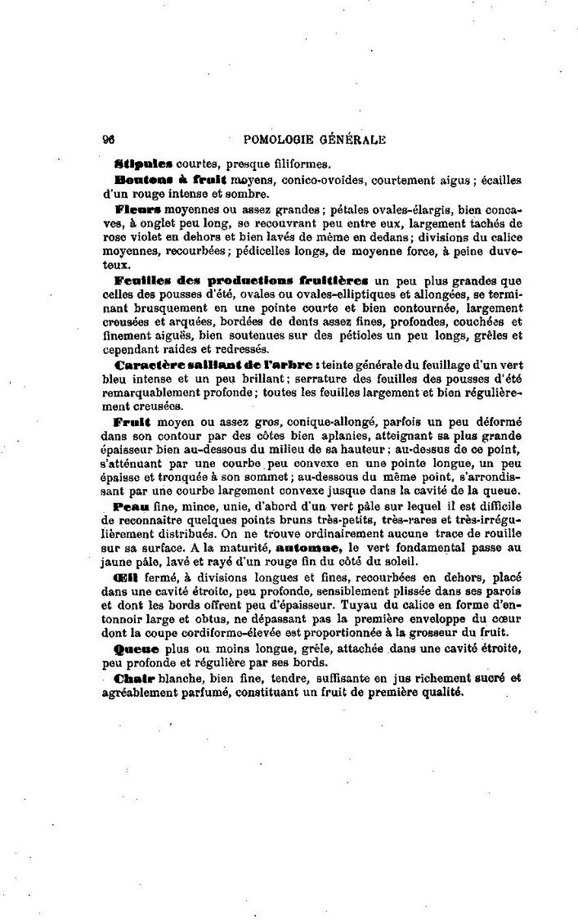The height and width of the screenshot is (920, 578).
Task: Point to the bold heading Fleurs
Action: pyautogui.click(x=139, y=209)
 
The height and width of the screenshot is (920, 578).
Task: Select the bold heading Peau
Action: pyautogui.click(x=133, y=508)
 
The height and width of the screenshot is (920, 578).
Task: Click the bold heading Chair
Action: pyautogui.click(x=135, y=677)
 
